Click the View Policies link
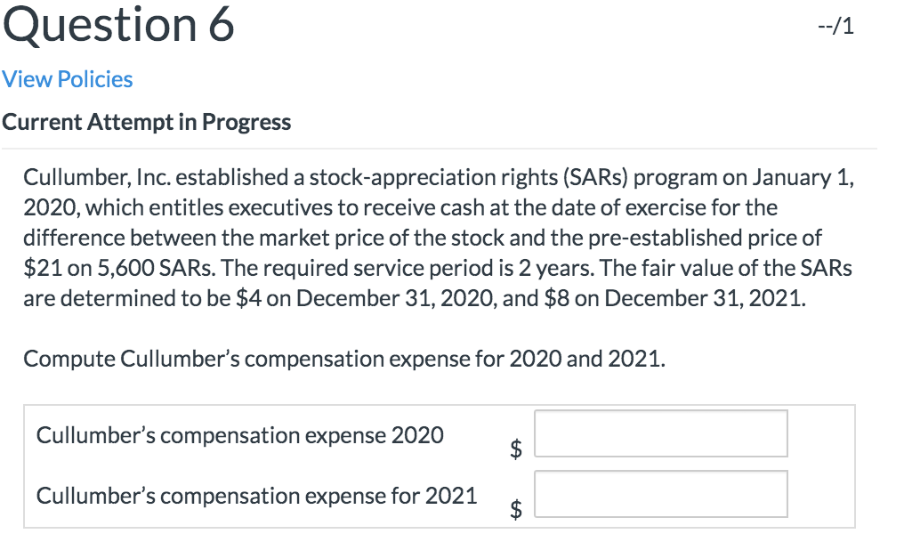[x=68, y=79]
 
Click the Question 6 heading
[x=118, y=25]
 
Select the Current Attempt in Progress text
[x=147, y=122]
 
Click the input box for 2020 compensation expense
[x=660, y=433]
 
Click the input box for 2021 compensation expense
[x=660, y=494]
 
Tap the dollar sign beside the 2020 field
[x=514, y=448]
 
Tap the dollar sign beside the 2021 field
[x=514, y=508]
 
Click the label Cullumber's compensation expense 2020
[x=240, y=435]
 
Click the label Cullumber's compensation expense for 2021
[x=257, y=495]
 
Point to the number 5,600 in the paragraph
[x=113, y=267]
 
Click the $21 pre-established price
[x=42, y=267]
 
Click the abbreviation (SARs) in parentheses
[x=596, y=178]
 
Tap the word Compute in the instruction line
[x=69, y=359]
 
